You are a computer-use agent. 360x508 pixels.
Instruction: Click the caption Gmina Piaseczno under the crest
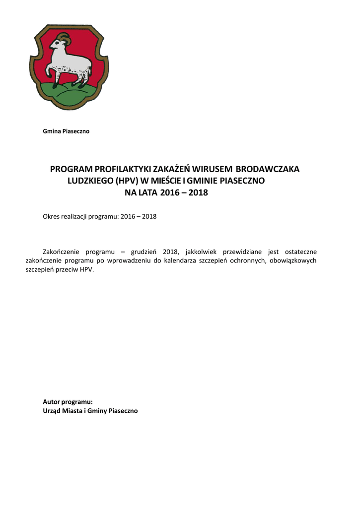pyautogui.click(x=67, y=131)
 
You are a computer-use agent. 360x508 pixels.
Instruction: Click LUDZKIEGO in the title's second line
pyautogui.click(x=90, y=181)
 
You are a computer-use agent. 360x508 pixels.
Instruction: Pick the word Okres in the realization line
pyautogui.click(x=53, y=217)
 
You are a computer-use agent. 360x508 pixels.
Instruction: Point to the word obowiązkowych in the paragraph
pyautogui.click(x=294, y=260)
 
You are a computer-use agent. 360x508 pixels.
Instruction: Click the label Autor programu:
pyautogui.click(x=68, y=402)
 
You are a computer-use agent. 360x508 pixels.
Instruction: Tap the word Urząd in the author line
pyautogui.click(x=53, y=411)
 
